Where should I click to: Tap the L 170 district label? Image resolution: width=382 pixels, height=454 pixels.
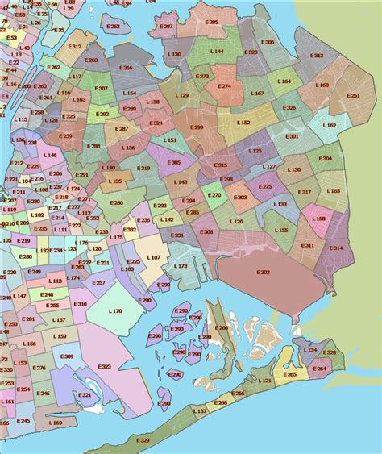click(x=115, y=310)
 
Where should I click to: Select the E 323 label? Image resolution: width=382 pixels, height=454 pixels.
click(x=104, y=367)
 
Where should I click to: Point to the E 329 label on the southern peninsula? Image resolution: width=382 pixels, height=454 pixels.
click(x=143, y=440)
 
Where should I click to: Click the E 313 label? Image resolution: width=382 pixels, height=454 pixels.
click(x=317, y=56)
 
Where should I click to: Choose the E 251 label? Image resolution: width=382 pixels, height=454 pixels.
click(x=354, y=95)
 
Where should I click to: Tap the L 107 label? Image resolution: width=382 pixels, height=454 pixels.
click(x=154, y=258)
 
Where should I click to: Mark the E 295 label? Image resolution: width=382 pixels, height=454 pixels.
click(x=212, y=23)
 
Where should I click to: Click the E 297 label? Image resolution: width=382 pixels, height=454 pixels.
click(x=166, y=27)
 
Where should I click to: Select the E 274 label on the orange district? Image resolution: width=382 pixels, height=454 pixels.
click(x=224, y=85)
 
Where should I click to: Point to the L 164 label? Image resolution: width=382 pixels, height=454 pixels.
click(x=284, y=81)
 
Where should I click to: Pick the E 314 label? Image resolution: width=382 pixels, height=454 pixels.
click(x=336, y=248)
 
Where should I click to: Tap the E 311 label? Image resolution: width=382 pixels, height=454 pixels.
click(x=308, y=245)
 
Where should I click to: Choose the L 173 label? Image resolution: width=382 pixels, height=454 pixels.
click(x=181, y=265)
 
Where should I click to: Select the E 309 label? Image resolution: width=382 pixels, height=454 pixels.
click(x=67, y=356)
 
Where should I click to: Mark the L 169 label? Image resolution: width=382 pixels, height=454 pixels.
click(x=55, y=423)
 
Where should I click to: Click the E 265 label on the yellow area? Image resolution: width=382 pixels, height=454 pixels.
click(x=290, y=374)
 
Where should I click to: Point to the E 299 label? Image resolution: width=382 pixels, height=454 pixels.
click(x=197, y=127)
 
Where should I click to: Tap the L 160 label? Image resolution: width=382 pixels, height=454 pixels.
click(x=322, y=85)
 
